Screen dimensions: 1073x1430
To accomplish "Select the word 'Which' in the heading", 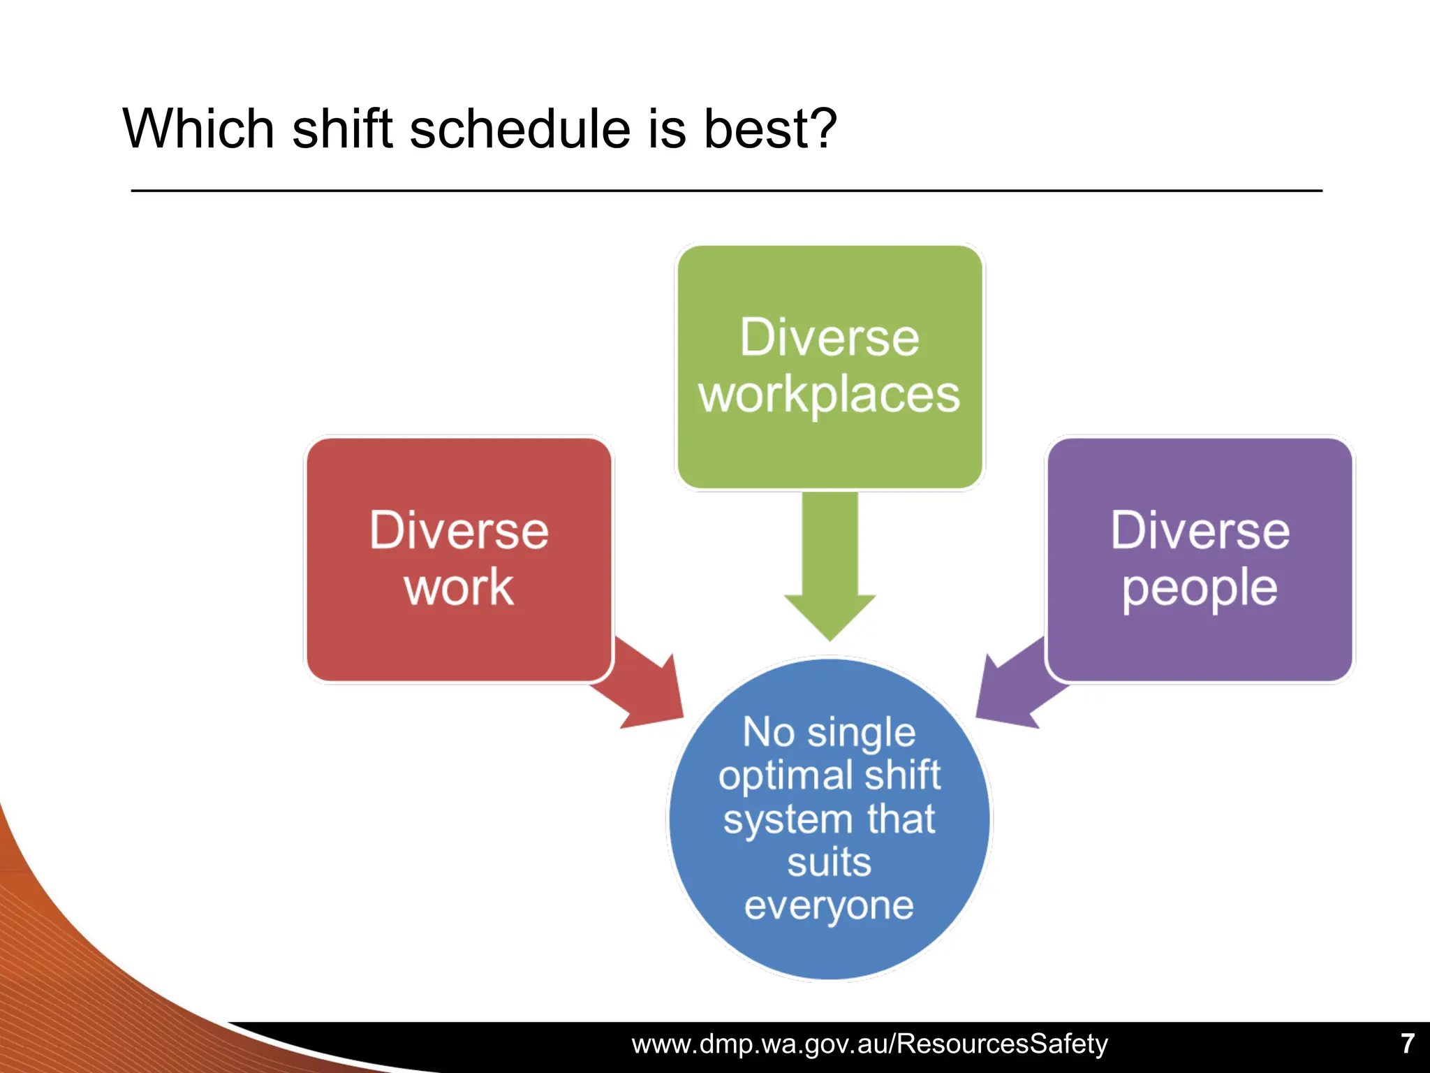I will (198, 129).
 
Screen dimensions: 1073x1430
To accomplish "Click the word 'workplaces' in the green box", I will (829, 395).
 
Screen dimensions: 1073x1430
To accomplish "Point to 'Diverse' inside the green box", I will (829, 338).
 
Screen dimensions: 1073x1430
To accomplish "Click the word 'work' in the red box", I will (459, 588).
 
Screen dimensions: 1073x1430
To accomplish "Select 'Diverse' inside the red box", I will (459, 531).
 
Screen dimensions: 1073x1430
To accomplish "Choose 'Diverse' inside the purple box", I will (1200, 531).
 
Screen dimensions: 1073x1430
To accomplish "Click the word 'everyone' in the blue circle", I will (829, 905).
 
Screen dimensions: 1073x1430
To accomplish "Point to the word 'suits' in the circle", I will (829, 862).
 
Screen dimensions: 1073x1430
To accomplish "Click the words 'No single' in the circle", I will (829, 733).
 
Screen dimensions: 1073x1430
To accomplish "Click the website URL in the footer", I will (869, 1044).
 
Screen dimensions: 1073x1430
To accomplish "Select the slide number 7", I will (1408, 1044).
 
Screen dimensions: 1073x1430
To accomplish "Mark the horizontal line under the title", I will (726, 191).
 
